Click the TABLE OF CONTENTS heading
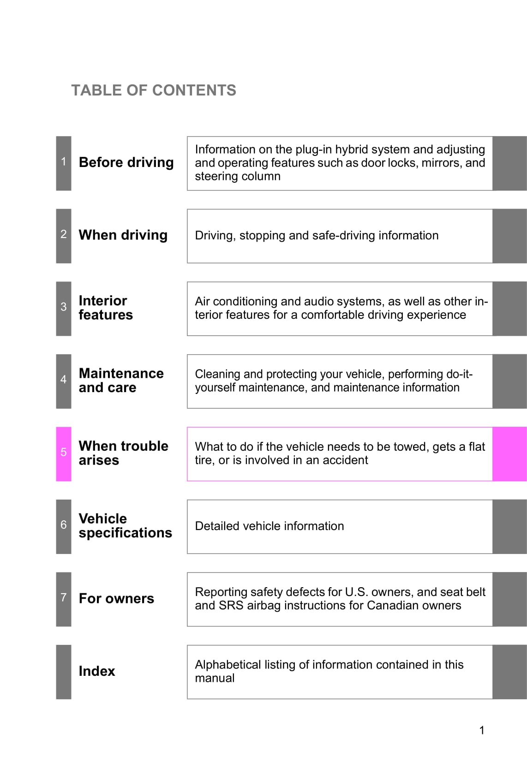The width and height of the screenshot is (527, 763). pyautogui.click(x=153, y=90)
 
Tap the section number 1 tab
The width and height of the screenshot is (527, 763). pyautogui.click(x=64, y=161)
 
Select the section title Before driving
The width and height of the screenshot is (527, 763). pyautogui.click(x=126, y=162)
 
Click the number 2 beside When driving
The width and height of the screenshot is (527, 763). pyautogui.click(x=64, y=234)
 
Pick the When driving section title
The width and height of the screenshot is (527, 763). pyautogui.click(x=123, y=235)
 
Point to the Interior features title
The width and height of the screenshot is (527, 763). pyautogui.click(x=106, y=308)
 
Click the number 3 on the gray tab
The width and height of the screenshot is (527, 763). pyautogui.click(x=64, y=307)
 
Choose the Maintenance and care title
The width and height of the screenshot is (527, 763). pyautogui.click(x=121, y=380)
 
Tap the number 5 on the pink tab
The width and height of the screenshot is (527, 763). pyautogui.click(x=64, y=452)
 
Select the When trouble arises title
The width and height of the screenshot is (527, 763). pyautogui.click(x=123, y=453)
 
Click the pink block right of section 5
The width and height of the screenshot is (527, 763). pyautogui.click(x=509, y=454)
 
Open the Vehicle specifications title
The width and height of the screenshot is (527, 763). pyautogui.click(x=125, y=525)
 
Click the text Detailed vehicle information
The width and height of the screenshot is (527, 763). pyautogui.click(x=269, y=526)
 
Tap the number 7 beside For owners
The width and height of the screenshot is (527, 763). pyautogui.click(x=64, y=597)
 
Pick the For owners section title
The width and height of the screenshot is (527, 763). pyautogui.click(x=116, y=598)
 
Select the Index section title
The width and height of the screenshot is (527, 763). pyautogui.click(x=96, y=671)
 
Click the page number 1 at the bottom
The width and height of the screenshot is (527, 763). pyautogui.click(x=482, y=730)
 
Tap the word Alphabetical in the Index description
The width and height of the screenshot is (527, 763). pyautogui.click(x=228, y=665)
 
